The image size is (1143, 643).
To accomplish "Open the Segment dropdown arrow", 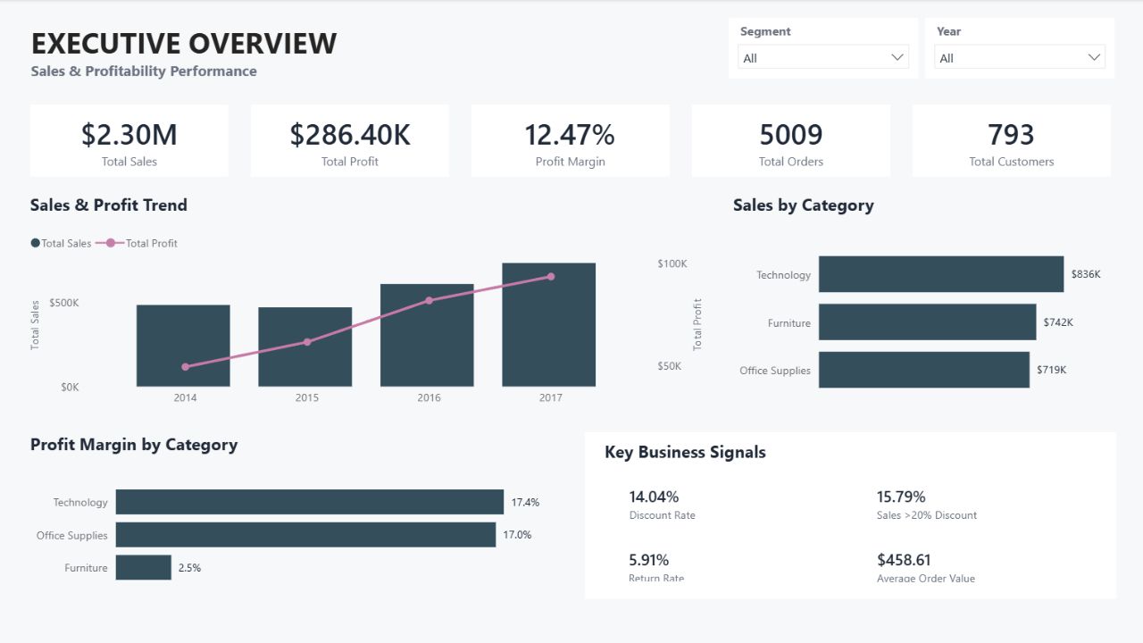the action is click(x=897, y=57).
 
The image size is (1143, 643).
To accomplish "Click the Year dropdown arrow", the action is click(x=1094, y=57).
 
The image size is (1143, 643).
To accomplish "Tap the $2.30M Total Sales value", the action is click(x=129, y=135).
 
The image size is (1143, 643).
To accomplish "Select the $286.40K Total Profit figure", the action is click(x=350, y=135).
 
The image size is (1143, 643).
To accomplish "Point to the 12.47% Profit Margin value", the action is click(x=570, y=135).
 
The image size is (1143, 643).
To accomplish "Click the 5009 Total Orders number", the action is click(x=791, y=135).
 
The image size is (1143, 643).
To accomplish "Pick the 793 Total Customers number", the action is click(x=1011, y=135).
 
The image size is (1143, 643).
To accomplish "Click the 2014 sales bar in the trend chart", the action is click(x=183, y=346).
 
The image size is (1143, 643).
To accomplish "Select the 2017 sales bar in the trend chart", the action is click(x=548, y=324).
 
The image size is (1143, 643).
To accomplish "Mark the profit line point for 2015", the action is click(x=307, y=342).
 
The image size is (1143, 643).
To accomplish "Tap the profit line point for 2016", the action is click(x=430, y=301).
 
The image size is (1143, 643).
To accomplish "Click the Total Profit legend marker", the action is click(x=110, y=243).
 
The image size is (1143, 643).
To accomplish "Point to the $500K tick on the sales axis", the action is click(x=64, y=303).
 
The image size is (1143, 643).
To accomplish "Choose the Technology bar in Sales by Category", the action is click(x=941, y=274).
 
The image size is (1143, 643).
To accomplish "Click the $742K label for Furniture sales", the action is click(x=1058, y=322).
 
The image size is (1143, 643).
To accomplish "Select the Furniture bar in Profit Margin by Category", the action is click(x=144, y=567).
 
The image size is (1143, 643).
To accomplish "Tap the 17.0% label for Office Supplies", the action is click(x=517, y=535).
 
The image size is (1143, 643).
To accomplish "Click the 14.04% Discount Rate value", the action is click(x=654, y=497).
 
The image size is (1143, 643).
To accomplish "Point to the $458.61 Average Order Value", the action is click(x=904, y=560).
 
